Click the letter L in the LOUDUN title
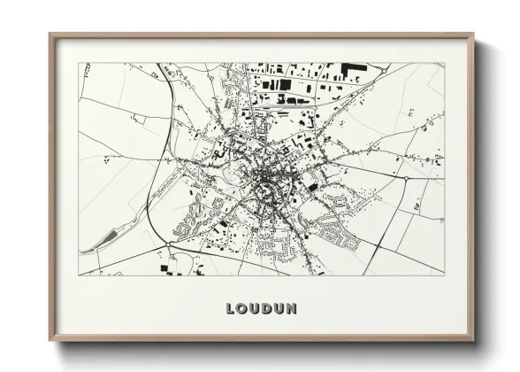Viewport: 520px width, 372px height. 231,309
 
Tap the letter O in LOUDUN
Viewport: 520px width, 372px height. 242,309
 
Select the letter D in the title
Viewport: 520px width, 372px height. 266,309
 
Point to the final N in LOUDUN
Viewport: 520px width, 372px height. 291,309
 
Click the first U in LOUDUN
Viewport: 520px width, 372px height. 255,309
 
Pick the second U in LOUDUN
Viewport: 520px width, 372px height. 279,309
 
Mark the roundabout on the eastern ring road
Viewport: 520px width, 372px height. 405,178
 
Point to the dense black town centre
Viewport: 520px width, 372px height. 264,184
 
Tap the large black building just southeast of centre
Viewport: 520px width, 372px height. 312,187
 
